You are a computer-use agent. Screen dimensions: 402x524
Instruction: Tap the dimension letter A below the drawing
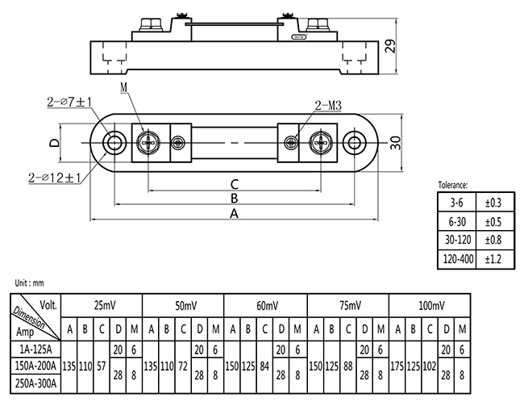click(x=234, y=214)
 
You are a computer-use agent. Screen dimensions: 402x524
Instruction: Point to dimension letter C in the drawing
click(x=234, y=183)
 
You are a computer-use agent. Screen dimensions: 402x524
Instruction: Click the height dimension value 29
click(x=391, y=45)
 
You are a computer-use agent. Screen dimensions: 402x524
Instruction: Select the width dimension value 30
click(x=396, y=144)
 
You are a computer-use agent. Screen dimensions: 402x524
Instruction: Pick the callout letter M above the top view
click(x=123, y=87)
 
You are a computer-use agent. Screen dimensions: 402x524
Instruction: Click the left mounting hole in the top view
click(x=114, y=144)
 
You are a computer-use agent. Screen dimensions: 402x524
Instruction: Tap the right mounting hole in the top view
click(x=353, y=144)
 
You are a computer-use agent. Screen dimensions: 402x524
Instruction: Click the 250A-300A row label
click(x=35, y=383)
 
